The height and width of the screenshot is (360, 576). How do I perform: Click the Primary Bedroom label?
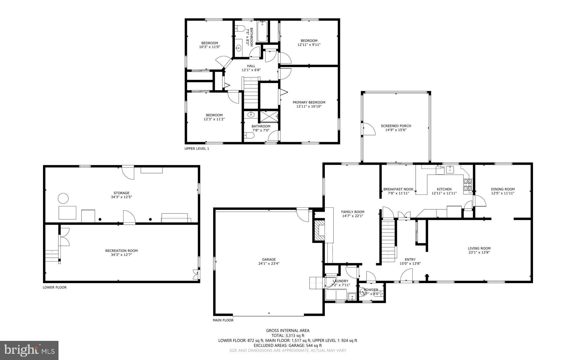[x=309, y=102]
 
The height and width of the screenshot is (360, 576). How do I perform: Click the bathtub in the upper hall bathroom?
[x=262, y=31]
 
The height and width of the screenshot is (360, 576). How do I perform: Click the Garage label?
[x=269, y=260]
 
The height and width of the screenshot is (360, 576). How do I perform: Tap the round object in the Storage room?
[x=63, y=198]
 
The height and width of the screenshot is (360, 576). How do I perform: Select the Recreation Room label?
[x=121, y=251]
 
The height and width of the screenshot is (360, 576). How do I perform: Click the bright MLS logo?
[x=29, y=350]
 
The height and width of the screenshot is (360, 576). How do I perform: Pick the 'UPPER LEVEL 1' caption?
[x=197, y=149]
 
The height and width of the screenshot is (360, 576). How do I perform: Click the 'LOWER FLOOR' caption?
[x=55, y=287]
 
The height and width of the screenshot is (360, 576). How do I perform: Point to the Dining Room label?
[x=503, y=189]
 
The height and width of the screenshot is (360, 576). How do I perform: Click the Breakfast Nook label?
[x=398, y=189]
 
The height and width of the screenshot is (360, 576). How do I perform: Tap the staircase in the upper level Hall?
[x=251, y=93]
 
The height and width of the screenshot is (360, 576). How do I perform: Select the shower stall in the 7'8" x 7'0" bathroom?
[x=269, y=116]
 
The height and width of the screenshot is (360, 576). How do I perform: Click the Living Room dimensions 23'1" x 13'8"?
[x=479, y=252]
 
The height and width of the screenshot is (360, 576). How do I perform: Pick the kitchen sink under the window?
[x=450, y=170]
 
